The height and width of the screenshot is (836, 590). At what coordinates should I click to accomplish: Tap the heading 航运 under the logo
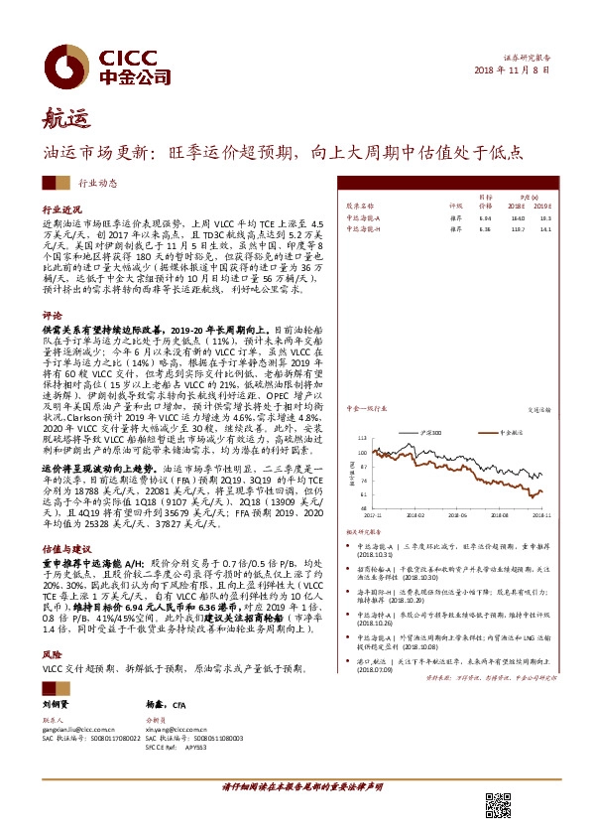[62, 121]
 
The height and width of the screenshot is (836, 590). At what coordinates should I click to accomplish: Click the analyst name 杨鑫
[155, 704]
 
